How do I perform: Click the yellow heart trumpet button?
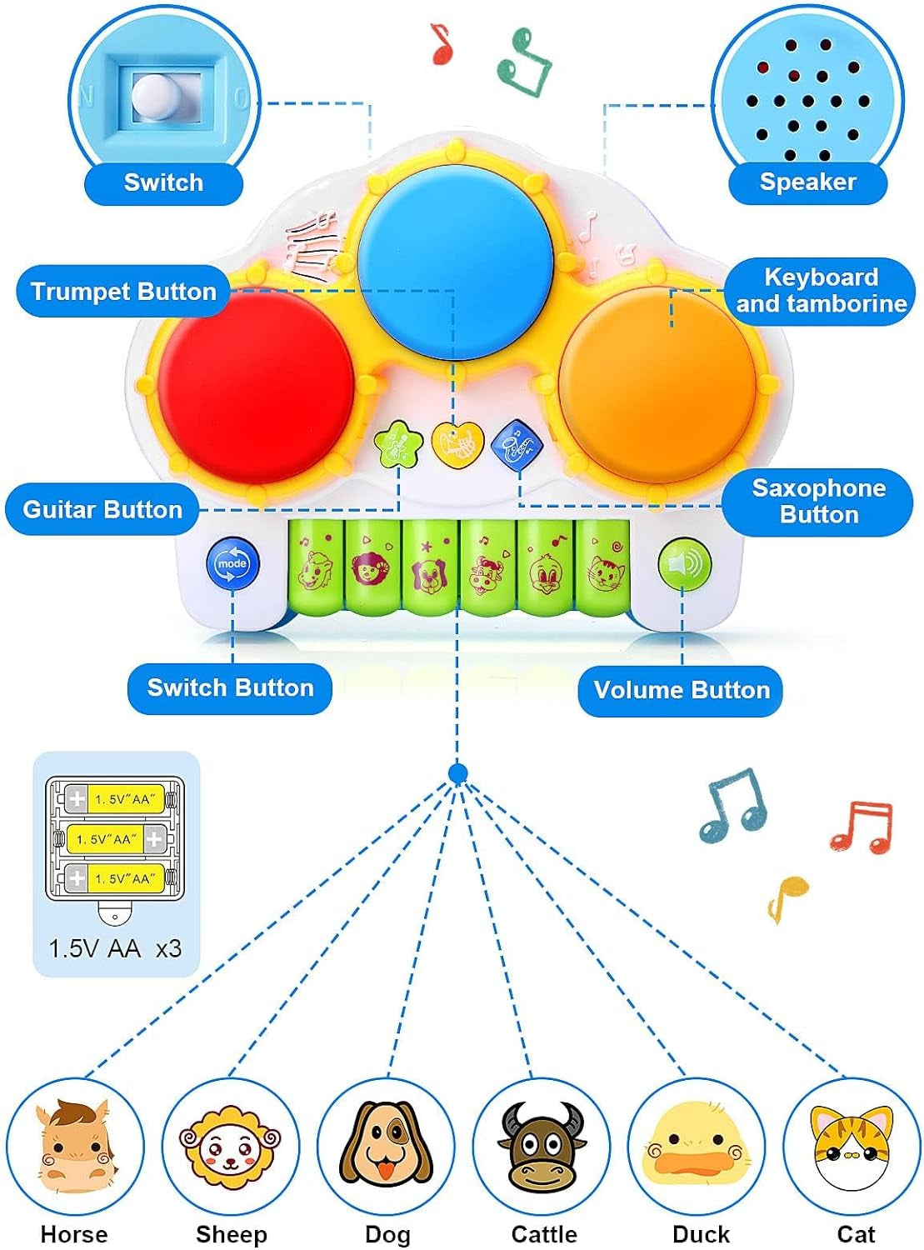pyautogui.click(x=457, y=445)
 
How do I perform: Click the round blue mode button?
pyautogui.click(x=232, y=564)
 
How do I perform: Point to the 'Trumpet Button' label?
pyautogui.click(x=123, y=292)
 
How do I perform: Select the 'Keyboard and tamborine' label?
pyautogui.click(x=821, y=290)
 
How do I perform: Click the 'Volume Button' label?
pyautogui.click(x=681, y=690)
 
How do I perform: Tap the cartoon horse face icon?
pyautogui.click(x=74, y=1146)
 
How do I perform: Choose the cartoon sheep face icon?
pyautogui.click(x=231, y=1146)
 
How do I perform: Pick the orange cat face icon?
pyautogui.click(x=853, y=1146)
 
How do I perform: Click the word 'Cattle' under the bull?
pyautogui.click(x=544, y=1234)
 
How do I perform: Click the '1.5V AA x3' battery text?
pyautogui.click(x=115, y=948)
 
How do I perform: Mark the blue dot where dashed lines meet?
pyautogui.click(x=457, y=774)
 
